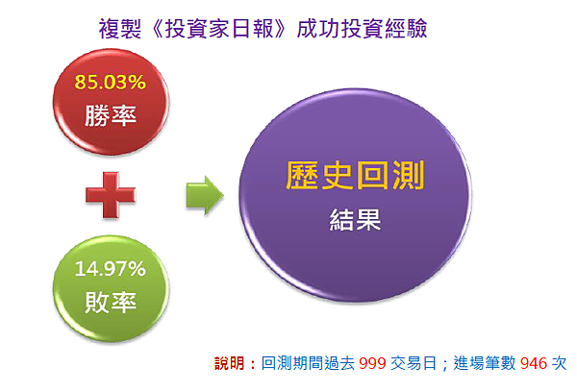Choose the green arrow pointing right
204,198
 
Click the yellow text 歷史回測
355,176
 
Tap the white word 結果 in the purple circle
356,222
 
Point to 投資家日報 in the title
224,30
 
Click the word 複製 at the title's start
116,30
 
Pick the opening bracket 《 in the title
150,30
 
